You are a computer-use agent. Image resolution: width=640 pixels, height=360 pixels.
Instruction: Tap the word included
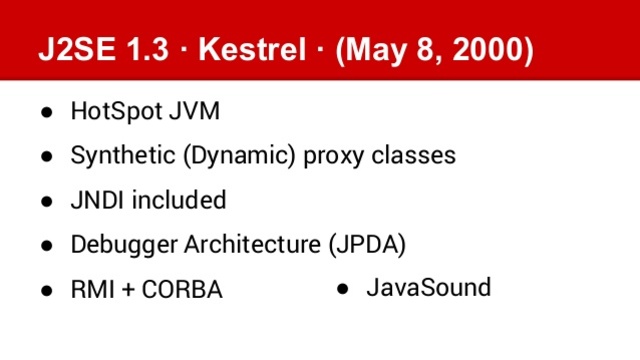tap(179, 200)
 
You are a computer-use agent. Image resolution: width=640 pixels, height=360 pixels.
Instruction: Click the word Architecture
tap(244, 244)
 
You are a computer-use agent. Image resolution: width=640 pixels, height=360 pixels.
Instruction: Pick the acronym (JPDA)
tap(366, 244)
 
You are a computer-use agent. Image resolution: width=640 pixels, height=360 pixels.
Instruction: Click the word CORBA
tap(183, 290)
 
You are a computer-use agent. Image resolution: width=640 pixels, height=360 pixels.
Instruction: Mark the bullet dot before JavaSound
tap(342, 289)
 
